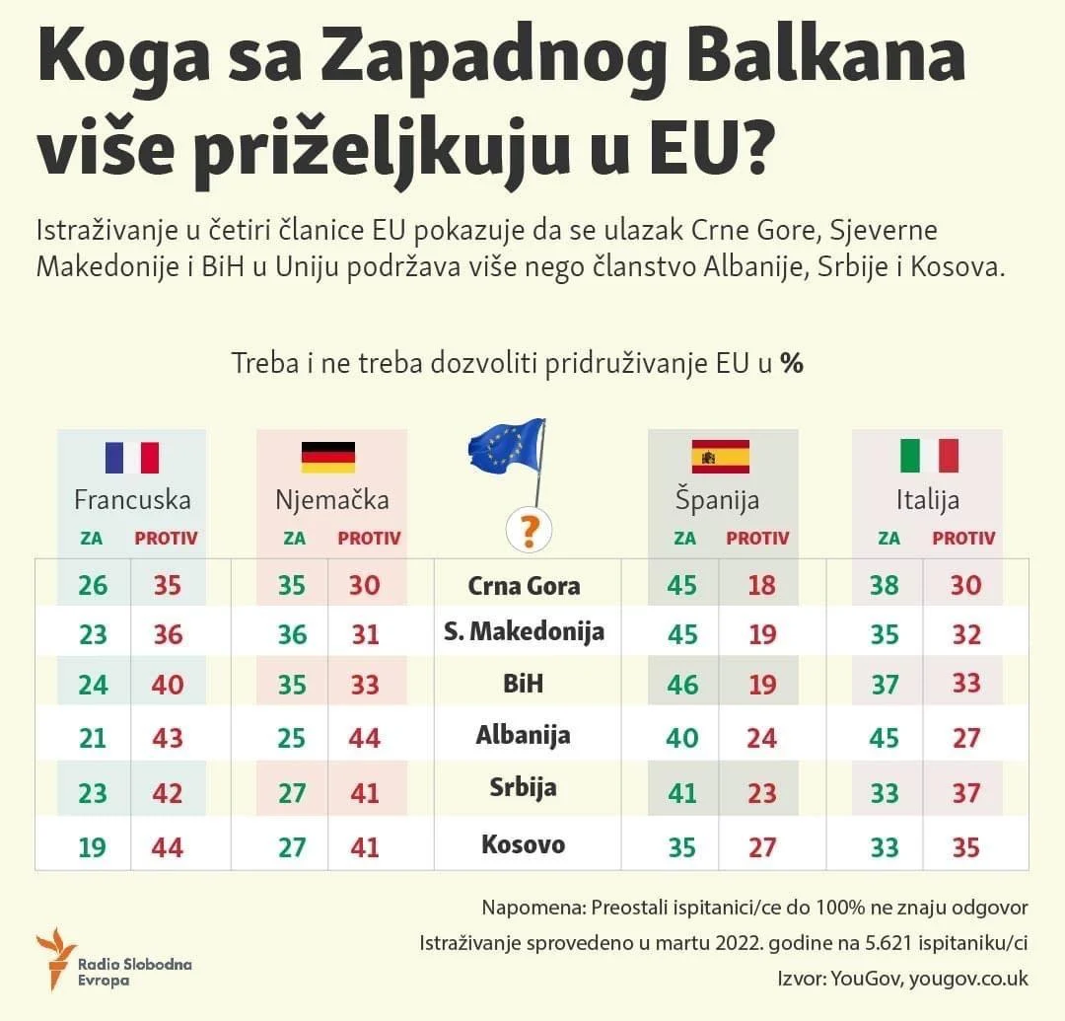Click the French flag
[x=132, y=458]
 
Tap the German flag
[x=327, y=458]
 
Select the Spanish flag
[x=721, y=457]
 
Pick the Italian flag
[x=929, y=456]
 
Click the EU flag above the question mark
[x=506, y=445]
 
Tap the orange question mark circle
[x=529, y=531]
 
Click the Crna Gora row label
[x=524, y=586]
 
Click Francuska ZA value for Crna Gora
[x=93, y=585]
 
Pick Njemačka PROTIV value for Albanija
[x=365, y=737]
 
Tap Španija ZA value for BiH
[x=682, y=684]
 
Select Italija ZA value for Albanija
[x=884, y=737]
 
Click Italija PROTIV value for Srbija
[x=965, y=793]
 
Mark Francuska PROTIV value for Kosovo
[x=168, y=846]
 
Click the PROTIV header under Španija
[x=757, y=539]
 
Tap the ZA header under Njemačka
[x=294, y=539]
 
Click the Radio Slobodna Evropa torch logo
[x=55, y=958]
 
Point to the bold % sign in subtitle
[x=791, y=363]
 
